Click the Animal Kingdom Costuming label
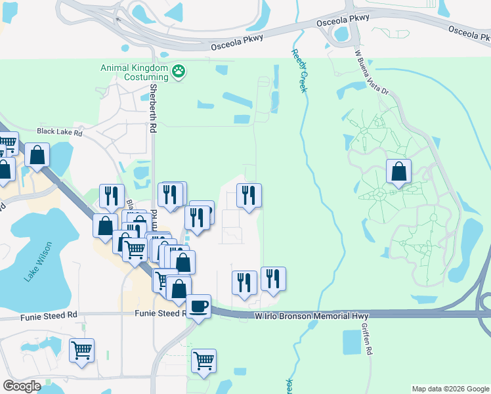pyautogui.click(x=134, y=72)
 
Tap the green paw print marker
pyautogui.click(x=178, y=70)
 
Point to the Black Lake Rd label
pyautogui.click(x=59, y=131)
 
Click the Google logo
pyautogui.click(x=22, y=386)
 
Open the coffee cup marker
pyautogui.click(x=198, y=306)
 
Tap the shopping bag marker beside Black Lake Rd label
pyautogui.click(x=38, y=156)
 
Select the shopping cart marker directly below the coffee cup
pyautogui.click(x=203, y=360)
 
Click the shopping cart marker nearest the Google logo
pyautogui.click(x=81, y=350)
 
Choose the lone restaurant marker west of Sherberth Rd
pyautogui.click(x=112, y=195)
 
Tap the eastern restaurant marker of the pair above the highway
pyautogui.click(x=272, y=278)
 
